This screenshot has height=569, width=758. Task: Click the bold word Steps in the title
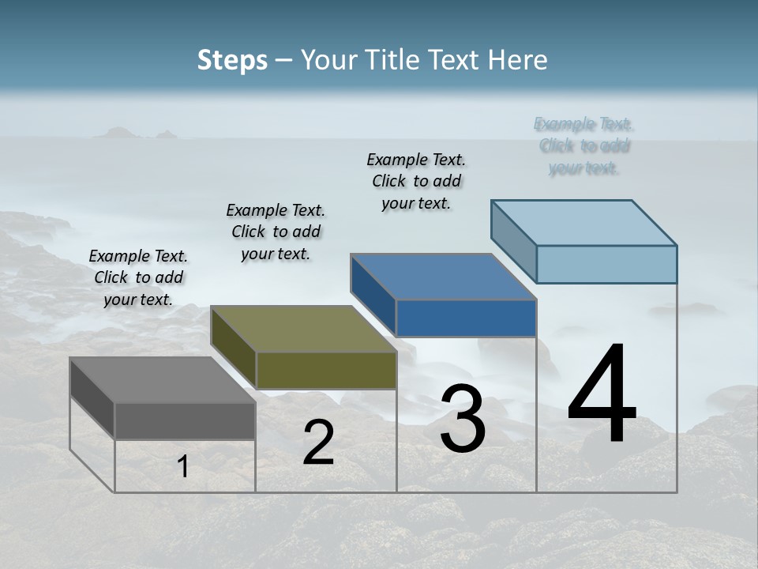tap(232, 60)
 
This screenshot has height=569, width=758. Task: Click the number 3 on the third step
tap(463, 419)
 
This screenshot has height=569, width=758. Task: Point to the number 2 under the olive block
tap(318, 443)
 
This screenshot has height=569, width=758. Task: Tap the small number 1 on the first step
tap(183, 467)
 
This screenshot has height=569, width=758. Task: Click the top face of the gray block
tap(163, 380)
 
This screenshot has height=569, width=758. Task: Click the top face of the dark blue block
tap(443, 277)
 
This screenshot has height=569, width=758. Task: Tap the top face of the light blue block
tap(584, 222)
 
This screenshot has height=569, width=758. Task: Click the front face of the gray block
tap(185, 421)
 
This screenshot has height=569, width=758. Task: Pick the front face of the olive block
tap(326, 370)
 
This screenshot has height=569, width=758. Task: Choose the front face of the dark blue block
tap(466, 318)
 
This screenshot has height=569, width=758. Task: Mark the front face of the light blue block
tap(606, 264)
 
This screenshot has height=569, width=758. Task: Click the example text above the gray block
tap(138, 277)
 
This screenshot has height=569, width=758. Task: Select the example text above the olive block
tap(276, 232)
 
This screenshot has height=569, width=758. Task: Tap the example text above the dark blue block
tap(416, 181)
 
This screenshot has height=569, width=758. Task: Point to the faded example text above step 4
tap(584, 146)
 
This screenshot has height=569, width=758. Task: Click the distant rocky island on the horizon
tap(130, 134)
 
